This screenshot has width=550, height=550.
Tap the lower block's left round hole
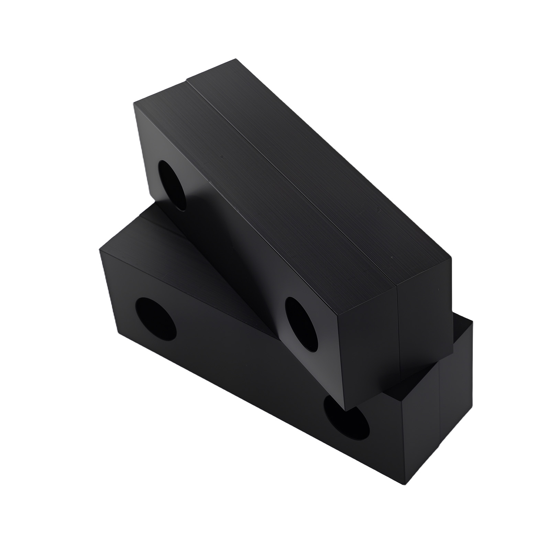[x=156, y=317]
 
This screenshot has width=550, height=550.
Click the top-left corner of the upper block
[x=134, y=102]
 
